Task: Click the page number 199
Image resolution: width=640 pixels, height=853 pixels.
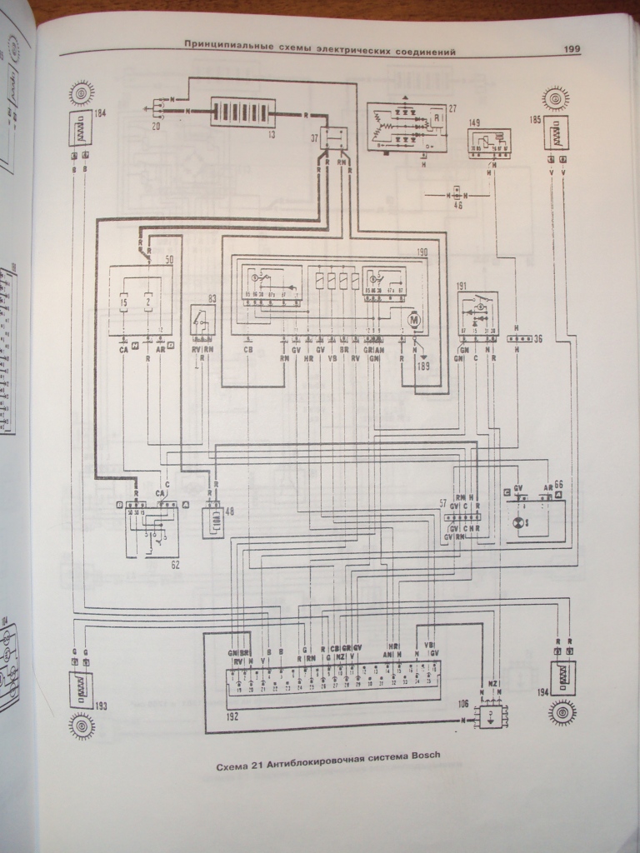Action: point(572,49)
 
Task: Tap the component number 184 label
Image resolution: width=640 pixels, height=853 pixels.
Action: point(102,113)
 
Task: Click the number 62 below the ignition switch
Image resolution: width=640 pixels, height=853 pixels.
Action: point(174,564)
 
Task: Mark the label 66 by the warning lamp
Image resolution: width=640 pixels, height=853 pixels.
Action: point(558,483)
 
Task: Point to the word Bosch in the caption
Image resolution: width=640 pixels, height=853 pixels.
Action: point(420,756)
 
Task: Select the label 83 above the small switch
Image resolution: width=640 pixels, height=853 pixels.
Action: point(212,299)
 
